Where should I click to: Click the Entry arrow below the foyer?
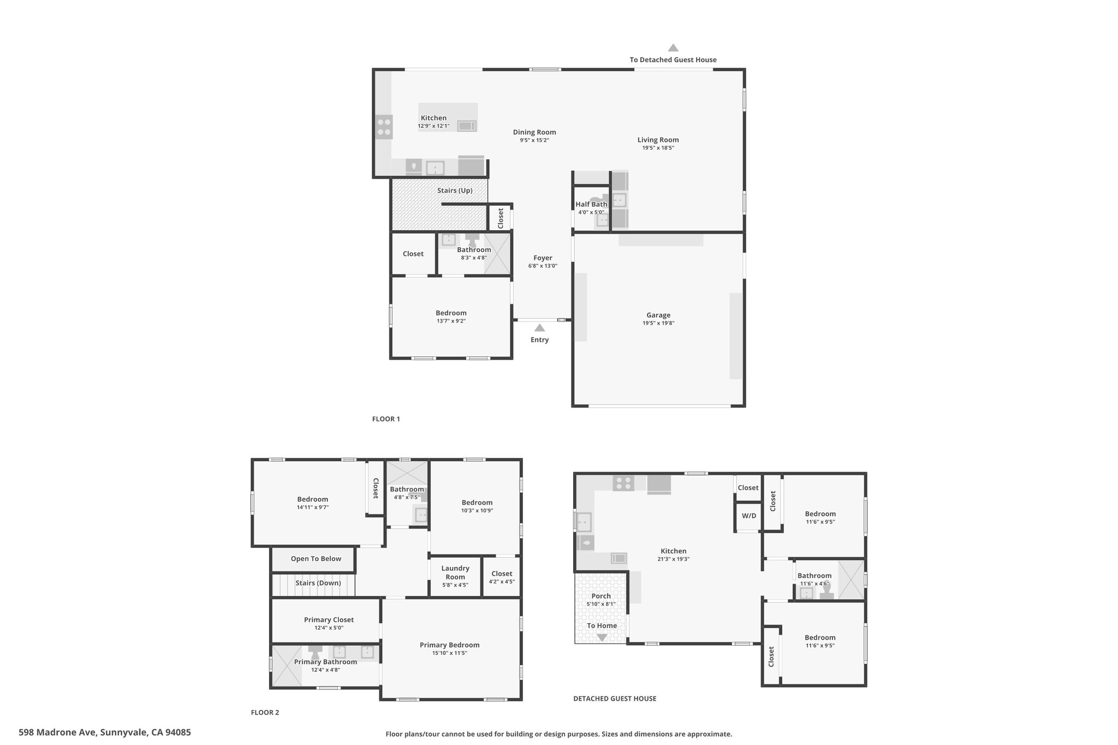539,328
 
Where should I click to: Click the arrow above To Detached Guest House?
673,47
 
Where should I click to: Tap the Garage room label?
658,315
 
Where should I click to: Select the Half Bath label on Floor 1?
591,204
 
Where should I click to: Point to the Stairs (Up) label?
455,190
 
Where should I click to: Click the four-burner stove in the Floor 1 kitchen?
384,127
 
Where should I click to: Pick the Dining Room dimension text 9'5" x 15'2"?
534,140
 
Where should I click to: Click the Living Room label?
658,140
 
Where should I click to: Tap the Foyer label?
543,258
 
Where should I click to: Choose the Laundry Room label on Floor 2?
455,573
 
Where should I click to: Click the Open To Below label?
316,559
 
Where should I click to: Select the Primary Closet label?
329,620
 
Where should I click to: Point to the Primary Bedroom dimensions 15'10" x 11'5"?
450,653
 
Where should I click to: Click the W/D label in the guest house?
749,516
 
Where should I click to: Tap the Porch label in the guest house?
601,596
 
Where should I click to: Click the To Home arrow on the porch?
602,637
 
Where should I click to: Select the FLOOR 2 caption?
265,712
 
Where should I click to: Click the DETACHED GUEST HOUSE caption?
615,699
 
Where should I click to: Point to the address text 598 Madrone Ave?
58,732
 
